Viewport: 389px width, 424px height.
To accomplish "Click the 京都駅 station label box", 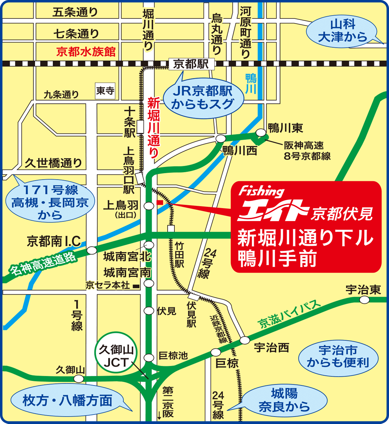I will pyautogui.click(x=191, y=64).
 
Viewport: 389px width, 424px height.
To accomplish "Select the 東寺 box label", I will pyautogui.click(x=105, y=91).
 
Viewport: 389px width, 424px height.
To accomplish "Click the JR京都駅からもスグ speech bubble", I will pyautogui.click(x=203, y=98).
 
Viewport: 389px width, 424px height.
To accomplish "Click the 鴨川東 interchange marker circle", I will pyautogui.click(x=261, y=132).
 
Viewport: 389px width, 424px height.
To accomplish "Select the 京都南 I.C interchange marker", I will pyautogui.click(x=92, y=250).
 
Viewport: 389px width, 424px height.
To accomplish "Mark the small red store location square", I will pyautogui.click(x=159, y=203).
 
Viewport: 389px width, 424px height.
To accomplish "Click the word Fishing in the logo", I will pyautogui.click(x=261, y=191).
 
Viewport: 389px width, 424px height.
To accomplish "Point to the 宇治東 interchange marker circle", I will pyautogui.click(x=364, y=300).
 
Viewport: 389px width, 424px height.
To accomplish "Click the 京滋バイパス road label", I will pyautogui.click(x=289, y=314).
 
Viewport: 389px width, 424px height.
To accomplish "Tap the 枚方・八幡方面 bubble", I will pyautogui.click(x=67, y=401).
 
